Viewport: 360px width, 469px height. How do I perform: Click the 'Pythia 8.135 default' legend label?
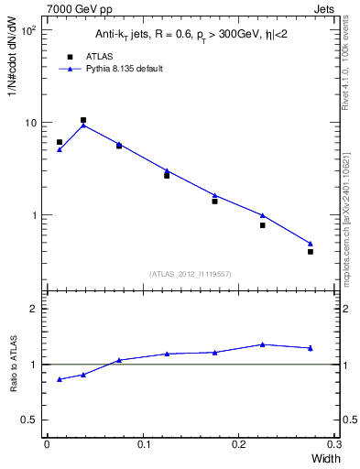point(124,69)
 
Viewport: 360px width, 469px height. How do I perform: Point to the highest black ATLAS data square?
point(83,120)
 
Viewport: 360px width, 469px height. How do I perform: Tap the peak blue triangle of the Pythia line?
point(83,125)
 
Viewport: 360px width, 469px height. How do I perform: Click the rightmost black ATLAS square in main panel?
point(311,252)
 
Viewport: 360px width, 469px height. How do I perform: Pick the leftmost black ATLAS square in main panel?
point(60,142)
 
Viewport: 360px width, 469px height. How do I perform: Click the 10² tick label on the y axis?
point(27,31)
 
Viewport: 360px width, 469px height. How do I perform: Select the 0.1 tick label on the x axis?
point(143,444)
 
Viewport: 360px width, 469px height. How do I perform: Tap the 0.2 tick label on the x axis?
point(240,444)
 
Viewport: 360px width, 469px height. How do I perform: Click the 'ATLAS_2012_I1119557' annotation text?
point(191,274)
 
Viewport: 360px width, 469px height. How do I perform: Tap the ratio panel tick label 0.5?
point(29,420)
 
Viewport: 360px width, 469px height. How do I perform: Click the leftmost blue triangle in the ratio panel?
point(60,379)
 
